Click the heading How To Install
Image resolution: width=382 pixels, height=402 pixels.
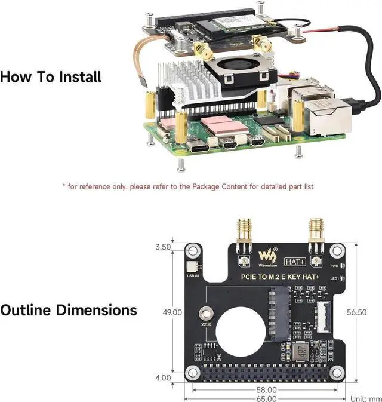(51, 77)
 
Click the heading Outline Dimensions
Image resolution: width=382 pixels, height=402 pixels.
(69, 311)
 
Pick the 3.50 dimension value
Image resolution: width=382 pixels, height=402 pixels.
(162, 246)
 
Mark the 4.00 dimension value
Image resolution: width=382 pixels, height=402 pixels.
(162, 378)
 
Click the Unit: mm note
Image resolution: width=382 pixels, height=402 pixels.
(365, 398)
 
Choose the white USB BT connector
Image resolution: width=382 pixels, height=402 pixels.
(191, 268)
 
